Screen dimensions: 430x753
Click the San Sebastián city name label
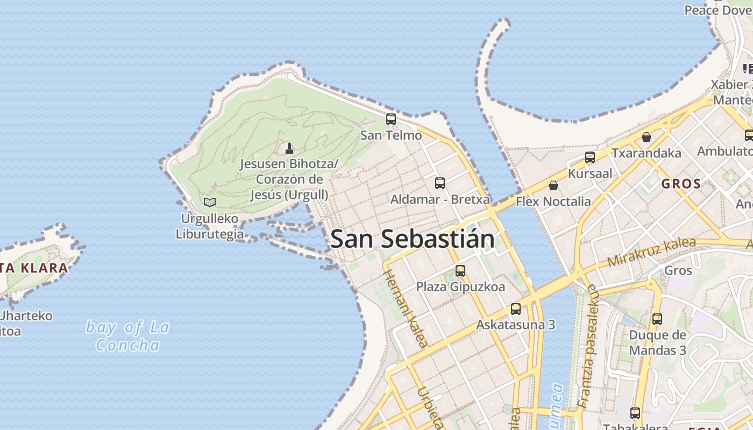[413, 239]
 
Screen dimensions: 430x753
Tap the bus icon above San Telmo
[391, 119]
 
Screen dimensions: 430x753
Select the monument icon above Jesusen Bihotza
[289, 148]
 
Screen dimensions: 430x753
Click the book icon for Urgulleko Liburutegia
[210, 203]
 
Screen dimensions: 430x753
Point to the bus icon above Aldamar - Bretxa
[440, 183]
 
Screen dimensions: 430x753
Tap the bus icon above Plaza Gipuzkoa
[460, 271]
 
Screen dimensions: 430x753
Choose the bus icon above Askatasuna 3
[516, 309]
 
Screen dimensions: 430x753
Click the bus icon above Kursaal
[590, 157]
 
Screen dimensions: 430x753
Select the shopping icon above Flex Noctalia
[553, 185]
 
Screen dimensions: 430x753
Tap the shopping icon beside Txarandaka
[647, 137]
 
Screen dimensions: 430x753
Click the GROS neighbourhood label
[681, 184]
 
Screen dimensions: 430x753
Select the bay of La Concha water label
[128, 336]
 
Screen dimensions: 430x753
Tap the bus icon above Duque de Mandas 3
[657, 319]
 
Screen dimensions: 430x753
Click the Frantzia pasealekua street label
[588, 347]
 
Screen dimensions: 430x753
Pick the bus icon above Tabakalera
[635, 413]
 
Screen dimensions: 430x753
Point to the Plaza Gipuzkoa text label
[460, 287]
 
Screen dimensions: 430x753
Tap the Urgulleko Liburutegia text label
[209, 227]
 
